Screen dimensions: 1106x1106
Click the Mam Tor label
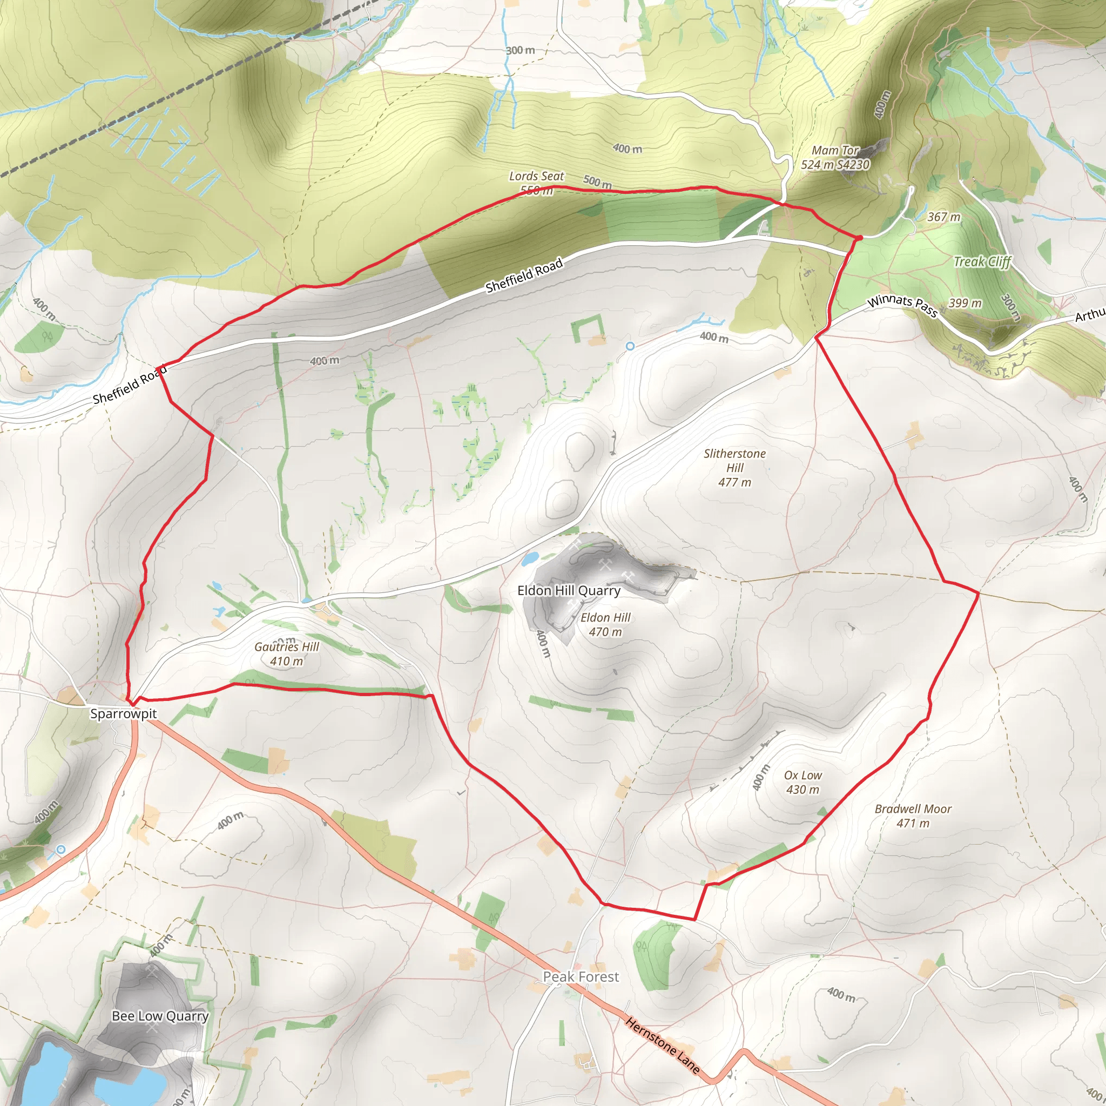[835, 151]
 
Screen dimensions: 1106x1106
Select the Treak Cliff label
[982, 262]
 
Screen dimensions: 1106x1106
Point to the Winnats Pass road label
[902, 306]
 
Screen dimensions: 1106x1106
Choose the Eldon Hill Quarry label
[569, 591]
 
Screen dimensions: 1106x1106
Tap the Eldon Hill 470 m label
[605, 625]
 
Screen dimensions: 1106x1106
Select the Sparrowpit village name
[123, 714]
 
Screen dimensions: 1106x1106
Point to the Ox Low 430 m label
[802, 783]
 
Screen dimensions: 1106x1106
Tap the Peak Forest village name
[581, 977]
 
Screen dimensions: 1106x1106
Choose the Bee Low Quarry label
[160, 1016]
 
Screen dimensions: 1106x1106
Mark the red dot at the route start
[859, 238]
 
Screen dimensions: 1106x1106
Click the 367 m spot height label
[943, 217]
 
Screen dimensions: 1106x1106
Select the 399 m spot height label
[965, 303]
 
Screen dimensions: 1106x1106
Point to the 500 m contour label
[597, 182]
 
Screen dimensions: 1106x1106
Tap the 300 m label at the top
[520, 50]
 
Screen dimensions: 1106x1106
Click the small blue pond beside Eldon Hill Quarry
[530, 557]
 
